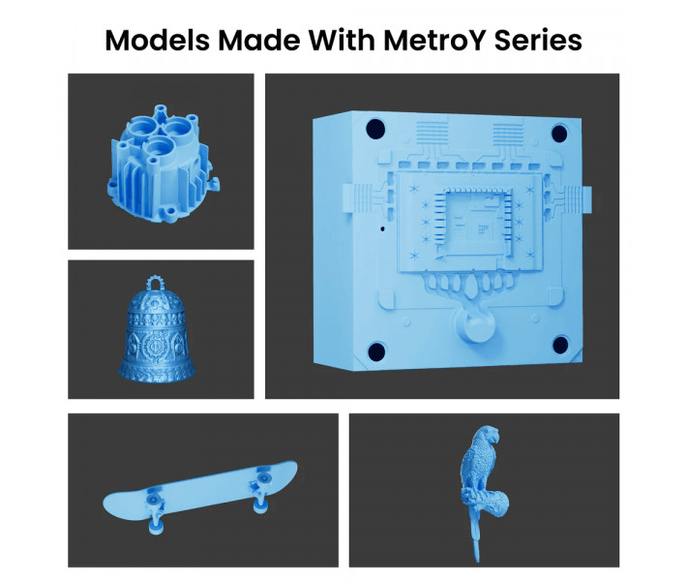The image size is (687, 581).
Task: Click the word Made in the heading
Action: coord(257,41)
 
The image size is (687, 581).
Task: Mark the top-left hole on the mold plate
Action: coord(375,128)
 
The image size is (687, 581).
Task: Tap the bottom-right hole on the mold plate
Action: coord(561,344)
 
